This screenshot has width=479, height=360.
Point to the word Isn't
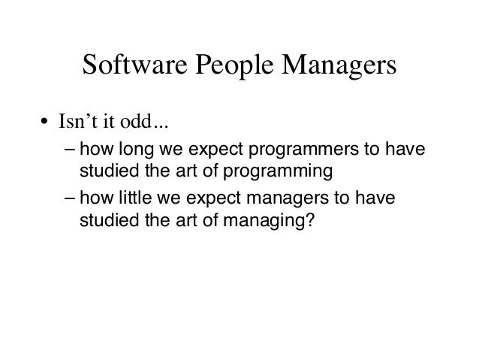[78, 122]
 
